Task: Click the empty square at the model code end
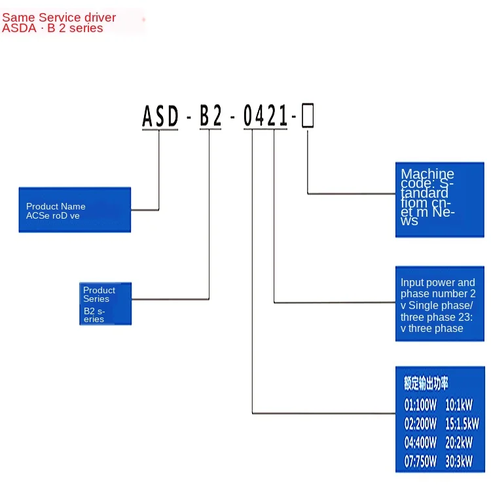[307, 117]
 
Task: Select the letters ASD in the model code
[160, 117]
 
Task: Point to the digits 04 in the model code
[254, 117]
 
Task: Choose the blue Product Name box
[75, 210]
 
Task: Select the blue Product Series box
[105, 304]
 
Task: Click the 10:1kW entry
[459, 405]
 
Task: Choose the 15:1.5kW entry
[462, 424]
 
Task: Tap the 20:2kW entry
[459, 443]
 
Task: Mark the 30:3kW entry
[459, 462]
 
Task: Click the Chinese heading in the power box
[426, 384]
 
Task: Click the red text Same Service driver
[59, 18]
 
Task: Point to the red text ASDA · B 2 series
[52, 28]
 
